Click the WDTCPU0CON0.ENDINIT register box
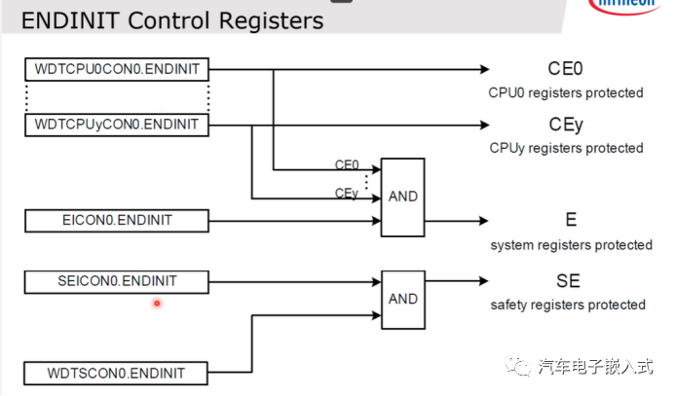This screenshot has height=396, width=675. tap(117, 69)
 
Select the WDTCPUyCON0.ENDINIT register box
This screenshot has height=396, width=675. tap(117, 125)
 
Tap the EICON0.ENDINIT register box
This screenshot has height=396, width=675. tap(117, 220)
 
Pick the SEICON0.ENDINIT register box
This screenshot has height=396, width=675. tap(117, 282)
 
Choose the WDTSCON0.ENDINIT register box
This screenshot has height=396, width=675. tap(117, 373)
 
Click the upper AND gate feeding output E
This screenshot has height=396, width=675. tap(402, 197)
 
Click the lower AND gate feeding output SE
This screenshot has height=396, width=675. tap(402, 299)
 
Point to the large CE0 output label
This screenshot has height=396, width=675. tap(566, 68)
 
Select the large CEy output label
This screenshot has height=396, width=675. tap(566, 124)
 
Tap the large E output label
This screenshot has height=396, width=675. tap(571, 220)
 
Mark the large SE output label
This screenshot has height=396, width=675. tap(568, 281)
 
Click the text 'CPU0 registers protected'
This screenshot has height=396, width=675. tap(566, 93)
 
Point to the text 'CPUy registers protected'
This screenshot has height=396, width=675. tap(566, 148)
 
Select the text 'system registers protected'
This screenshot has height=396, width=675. tap(571, 245)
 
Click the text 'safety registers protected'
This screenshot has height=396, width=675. tap(568, 306)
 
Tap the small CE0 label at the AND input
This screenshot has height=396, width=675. tap(347, 165)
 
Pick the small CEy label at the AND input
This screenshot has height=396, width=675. tap(347, 194)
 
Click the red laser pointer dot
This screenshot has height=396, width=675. tap(156, 304)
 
